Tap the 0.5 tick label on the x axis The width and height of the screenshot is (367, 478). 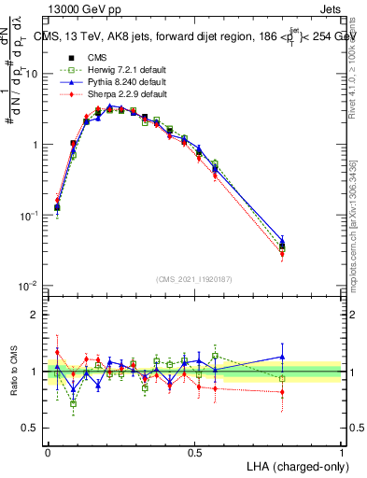(x=194, y=450)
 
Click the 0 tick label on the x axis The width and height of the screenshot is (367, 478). (x=48, y=450)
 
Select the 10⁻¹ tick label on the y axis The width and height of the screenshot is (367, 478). (x=30, y=216)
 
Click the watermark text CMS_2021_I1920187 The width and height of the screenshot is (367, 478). (x=193, y=279)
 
